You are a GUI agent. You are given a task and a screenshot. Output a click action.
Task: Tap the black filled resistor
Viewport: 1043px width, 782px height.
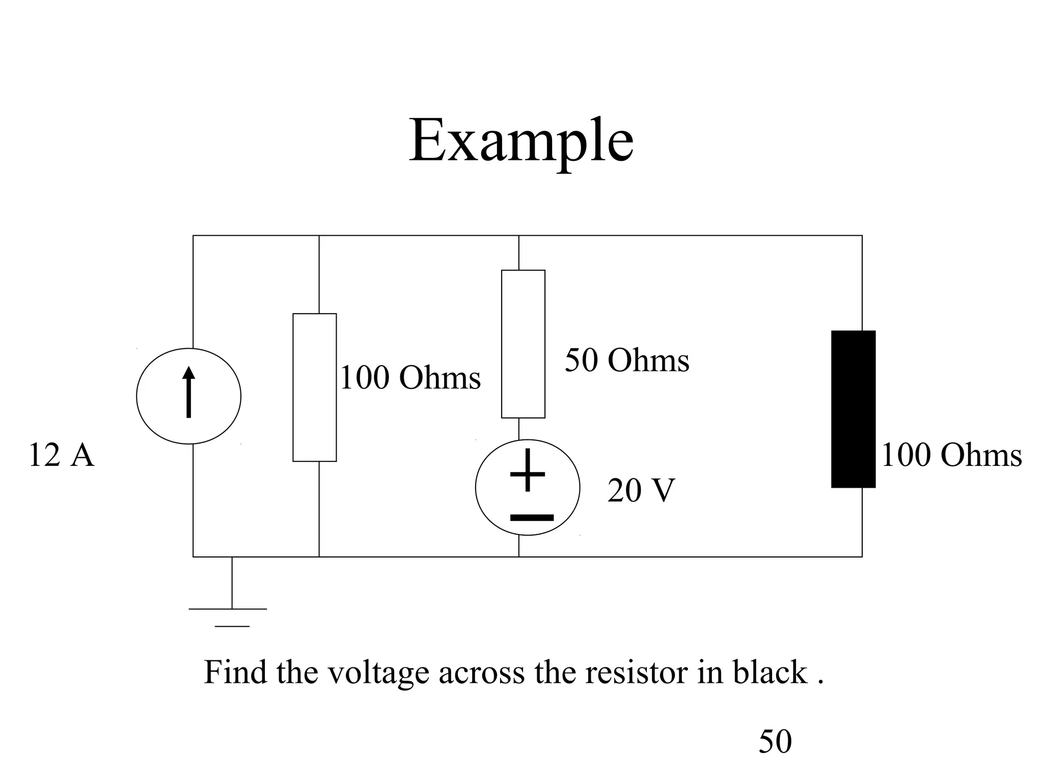pyautogui.click(x=853, y=409)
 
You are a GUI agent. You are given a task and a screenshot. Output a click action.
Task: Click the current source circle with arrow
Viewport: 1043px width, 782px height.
pyautogui.click(x=188, y=396)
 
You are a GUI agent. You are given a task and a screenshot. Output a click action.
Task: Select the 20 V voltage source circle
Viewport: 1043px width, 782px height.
pyautogui.click(x=527, y=487)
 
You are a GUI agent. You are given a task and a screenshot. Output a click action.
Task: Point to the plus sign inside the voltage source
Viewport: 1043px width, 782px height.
pyautogui.click(x=528, y=471)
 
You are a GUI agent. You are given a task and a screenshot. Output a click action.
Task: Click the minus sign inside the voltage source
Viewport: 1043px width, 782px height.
pyautogui.click(x=532, y=518)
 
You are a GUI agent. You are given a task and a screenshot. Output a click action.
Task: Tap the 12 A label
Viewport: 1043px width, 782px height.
pyautogui.click(x=61, y=455)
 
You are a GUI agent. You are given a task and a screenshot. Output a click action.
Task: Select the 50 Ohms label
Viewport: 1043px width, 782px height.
pyautogui.click(x=626, y=360)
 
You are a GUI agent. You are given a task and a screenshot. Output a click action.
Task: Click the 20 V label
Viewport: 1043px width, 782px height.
pyautogui.click(x=641, y=490)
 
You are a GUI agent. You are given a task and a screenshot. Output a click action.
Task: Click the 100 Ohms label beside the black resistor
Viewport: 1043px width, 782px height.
pyautogui.click(x=951, y=455)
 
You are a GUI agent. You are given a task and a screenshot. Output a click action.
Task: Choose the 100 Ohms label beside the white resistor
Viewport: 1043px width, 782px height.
pyautogui.click(x=410, y=378)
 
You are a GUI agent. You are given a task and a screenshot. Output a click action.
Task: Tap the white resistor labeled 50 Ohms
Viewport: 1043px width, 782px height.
pyautogui.click(x=523, y=344)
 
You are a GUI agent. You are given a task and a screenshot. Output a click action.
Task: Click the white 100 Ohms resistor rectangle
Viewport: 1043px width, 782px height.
pyautogui.click(x=314, y=387)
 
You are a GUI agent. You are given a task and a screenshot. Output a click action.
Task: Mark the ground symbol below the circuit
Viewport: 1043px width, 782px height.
pyautogui.click(x=232, y=611)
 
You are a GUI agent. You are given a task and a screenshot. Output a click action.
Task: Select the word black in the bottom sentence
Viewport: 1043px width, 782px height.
pyautogui.click(x=770, y=672)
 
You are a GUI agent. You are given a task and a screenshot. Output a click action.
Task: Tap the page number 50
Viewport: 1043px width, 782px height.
pyautogui.click(x=775, y=741)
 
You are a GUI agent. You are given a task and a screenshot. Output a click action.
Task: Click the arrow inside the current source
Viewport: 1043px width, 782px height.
pyautogui.click(x=188, y=392)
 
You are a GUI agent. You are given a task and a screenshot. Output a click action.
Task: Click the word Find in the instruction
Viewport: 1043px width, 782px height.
pyautogui.click(x=235, y=672)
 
